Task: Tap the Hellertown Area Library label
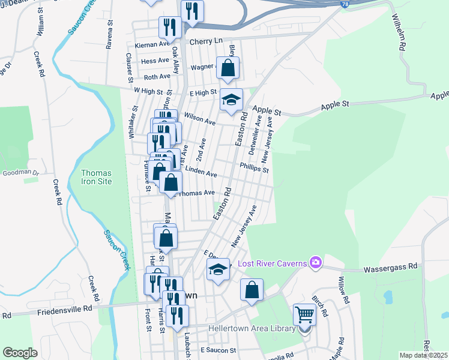252,328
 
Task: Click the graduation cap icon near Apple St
231,100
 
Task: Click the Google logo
20,352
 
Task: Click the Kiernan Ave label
152,44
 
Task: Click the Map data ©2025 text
423,355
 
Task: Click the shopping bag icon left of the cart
252,290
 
